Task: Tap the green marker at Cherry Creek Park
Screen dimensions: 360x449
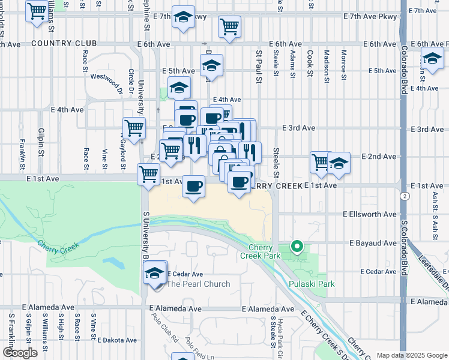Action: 296,245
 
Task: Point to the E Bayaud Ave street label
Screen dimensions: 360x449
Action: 373,243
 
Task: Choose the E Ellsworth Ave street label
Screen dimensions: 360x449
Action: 370,214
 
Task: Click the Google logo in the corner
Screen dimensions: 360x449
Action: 19,352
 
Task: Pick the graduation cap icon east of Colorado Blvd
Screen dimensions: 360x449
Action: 432,59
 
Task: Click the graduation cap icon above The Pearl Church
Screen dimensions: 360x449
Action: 155,273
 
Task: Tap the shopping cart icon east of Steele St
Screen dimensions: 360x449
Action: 322,161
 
